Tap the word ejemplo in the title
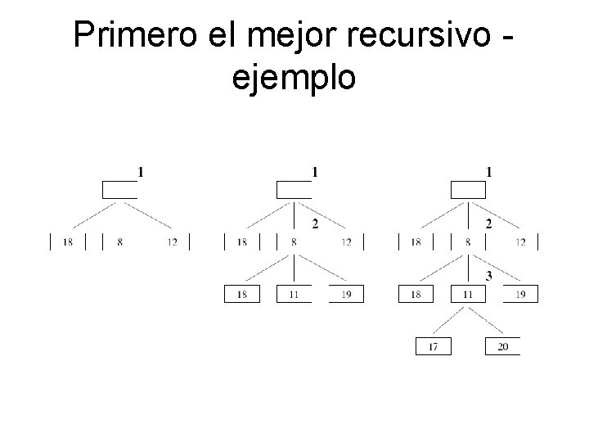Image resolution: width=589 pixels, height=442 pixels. pyautogui.click(x=294, y=79)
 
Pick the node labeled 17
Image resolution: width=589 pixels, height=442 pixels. pyautogui.click(x=433, y=346)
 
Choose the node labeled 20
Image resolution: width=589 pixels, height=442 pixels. pyautogui.click(x=502, y=346)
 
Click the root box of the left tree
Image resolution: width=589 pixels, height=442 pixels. pyautogui.click(x=119, y=190)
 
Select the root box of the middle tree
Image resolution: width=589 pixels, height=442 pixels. pyautogui.click(x=294, y=190)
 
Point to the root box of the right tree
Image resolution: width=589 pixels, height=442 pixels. pyautogui.click(x=468, y=190)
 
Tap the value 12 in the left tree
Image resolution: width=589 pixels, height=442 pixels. pyautogui.click(x=172, y=241)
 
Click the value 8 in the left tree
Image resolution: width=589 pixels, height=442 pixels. pyautogui.click(x=119, y=241)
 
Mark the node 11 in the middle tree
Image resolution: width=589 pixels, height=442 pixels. pyautogui.click(x=294, y=294)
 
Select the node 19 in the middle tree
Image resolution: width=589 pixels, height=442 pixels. pyautogui.click(x=346, y=294)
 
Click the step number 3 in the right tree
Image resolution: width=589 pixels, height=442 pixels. pyautogui.click(x=488, y=276)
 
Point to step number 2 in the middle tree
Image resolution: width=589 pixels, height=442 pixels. pyautogui.click(x=315, y=223)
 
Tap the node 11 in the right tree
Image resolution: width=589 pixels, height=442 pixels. pyautogui.click(x=468, y=294)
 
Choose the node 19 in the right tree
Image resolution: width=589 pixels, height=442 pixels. pyautogui.click(x=520, y=294)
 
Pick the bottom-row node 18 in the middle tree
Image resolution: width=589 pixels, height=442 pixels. pyautogui.click(x=242, y=294)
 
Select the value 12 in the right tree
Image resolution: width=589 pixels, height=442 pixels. pyautogui.click(x=520, y=241)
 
